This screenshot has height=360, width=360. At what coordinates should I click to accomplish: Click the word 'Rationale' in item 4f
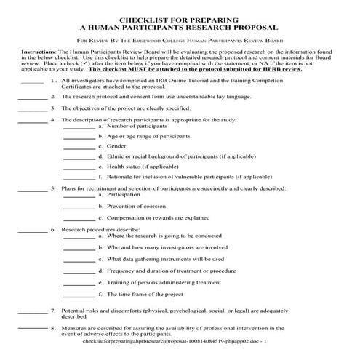click(x=121, y=175)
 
